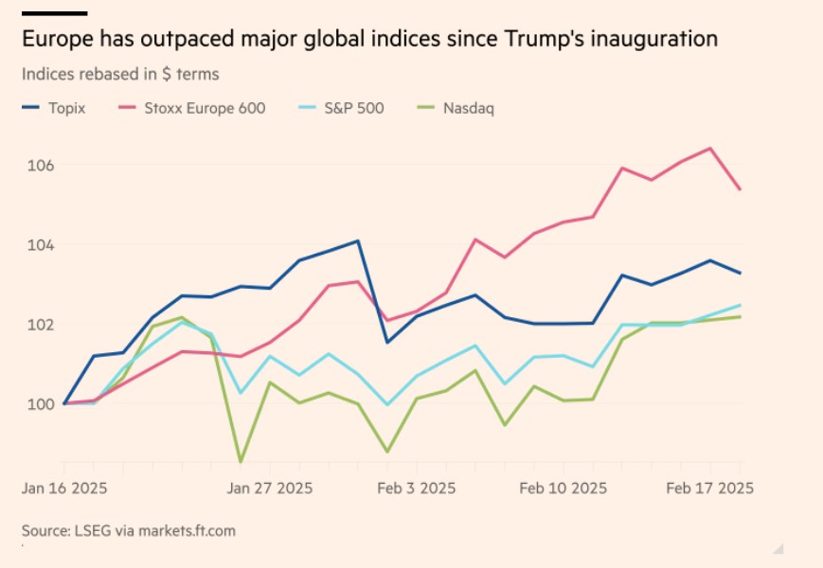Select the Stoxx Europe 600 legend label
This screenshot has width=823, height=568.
click(x=203, y=108)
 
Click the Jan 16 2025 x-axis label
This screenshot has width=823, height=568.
click(x=64, y=488)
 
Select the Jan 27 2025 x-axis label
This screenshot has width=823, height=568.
click(x=270, y=488)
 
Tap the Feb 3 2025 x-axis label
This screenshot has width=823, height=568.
click(x=417, y=488)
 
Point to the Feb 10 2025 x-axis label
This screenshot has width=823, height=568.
click(x=564, y=488)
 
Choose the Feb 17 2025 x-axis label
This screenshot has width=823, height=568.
click(x=710, y=488)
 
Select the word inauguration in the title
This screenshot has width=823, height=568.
click(x=646, y=40)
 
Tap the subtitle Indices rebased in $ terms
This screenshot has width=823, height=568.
click(x=120, y=73)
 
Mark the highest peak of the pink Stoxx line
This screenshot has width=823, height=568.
click(x=710, y=148)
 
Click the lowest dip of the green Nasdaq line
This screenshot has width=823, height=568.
click(x=241, y=462)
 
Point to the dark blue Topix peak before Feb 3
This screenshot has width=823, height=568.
click(x=358, y=240)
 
